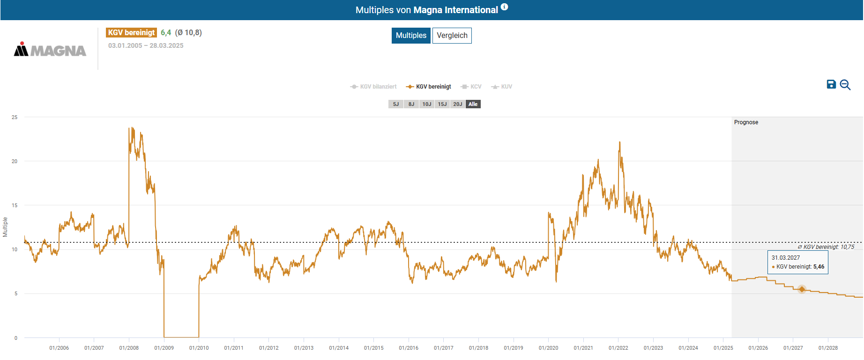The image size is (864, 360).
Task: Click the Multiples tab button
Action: pos(411,36)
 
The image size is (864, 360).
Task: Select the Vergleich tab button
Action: pos(452,36)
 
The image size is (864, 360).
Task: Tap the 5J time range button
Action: pos(396,104)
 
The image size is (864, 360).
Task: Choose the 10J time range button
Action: pos(427,104)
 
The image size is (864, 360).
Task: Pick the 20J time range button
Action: pos(458,104)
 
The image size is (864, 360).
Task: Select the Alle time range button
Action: pos(473,104)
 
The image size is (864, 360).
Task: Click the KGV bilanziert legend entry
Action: pos(373,87)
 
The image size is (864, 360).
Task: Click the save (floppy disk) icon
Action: pos(831,84)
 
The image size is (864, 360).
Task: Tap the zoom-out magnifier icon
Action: pos(845,85)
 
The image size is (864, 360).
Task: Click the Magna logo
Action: pos(50,50)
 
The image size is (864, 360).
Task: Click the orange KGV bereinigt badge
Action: pos(131,32)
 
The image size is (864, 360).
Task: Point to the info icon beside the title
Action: pos(504,7)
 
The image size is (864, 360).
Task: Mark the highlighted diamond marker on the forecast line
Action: pos(802,289)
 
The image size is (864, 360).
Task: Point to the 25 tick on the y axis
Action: pos(15,117)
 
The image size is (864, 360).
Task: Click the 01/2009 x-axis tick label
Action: pos(164,348)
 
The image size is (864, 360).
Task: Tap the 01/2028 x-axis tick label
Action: pos(828,348)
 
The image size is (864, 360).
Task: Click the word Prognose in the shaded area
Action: pos(746,122)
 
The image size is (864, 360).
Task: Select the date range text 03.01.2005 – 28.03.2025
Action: pos(146,45)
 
